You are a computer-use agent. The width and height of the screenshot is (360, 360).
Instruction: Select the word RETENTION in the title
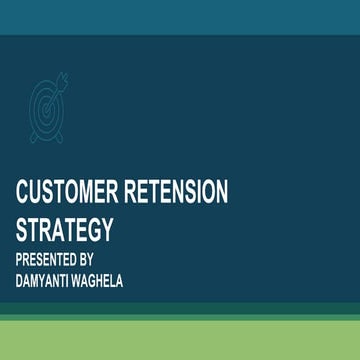(182, 193)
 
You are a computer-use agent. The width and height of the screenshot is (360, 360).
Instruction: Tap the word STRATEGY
(64, 229)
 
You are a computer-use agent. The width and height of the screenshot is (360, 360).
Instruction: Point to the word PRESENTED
(50, 258)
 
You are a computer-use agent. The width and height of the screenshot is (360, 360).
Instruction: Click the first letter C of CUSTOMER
(23, 193)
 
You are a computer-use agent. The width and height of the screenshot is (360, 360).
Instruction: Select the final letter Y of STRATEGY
(106, 229)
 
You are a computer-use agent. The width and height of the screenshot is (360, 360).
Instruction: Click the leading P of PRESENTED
(20, 258)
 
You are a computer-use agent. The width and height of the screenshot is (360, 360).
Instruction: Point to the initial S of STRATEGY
(22, 229)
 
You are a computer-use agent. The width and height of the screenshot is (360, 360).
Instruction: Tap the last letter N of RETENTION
(223, 193)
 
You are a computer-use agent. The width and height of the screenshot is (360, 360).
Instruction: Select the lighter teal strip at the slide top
(180, 16)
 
